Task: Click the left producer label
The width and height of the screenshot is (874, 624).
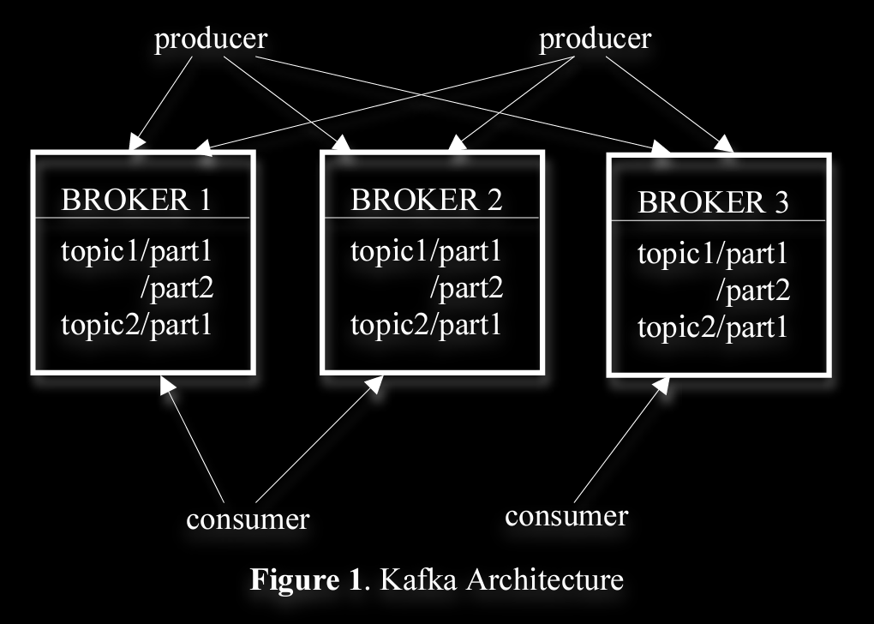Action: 210,40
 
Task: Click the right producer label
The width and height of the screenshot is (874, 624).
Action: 595,39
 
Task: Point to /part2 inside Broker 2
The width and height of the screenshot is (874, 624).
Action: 465,289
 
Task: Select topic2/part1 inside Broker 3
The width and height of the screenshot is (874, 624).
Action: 712,328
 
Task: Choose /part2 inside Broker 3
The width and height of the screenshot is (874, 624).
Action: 752,292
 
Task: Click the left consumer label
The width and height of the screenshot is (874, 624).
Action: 248,519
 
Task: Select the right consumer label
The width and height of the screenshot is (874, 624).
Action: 566,516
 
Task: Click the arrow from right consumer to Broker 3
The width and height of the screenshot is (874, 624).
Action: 619,443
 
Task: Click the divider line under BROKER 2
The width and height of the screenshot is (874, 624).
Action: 432,219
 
